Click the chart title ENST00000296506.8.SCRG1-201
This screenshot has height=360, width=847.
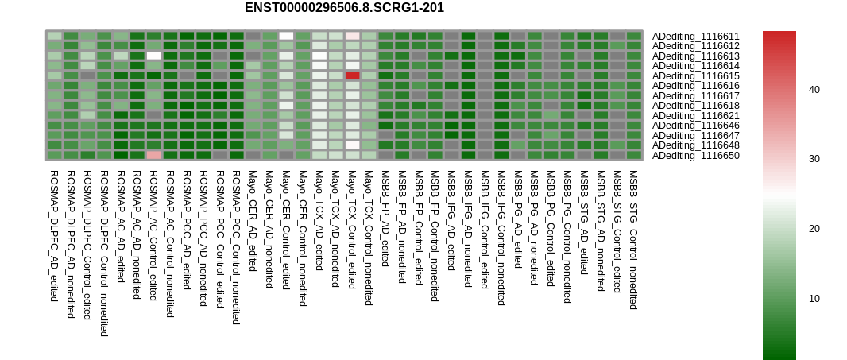[344, 8]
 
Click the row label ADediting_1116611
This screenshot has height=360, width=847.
[696, 37]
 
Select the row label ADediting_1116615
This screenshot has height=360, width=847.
[696, 76]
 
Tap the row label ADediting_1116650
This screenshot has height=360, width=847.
[696, 156]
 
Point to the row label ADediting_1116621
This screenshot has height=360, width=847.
[696, 116]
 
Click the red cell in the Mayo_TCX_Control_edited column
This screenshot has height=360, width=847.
[353, 75]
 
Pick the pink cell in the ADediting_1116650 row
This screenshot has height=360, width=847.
[154, 155]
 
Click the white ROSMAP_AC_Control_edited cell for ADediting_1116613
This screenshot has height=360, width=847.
[154, 56]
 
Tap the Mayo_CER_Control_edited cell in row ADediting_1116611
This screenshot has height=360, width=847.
[286, 36]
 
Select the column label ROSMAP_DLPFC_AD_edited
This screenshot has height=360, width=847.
[54, 236]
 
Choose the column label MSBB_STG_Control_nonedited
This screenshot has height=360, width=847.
[633, 240]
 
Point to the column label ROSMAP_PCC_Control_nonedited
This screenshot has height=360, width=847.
[236, 248]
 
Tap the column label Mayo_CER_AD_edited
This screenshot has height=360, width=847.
[253, 221]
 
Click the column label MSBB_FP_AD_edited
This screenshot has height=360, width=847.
[385, 219]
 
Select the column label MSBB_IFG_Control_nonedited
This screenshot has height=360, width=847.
[501, 238]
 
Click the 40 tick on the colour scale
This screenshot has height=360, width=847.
[814, 90]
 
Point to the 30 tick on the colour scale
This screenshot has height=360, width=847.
[814, 159]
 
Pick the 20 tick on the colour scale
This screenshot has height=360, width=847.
[814, 229]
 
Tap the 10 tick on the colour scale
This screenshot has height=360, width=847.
[814, 298]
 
